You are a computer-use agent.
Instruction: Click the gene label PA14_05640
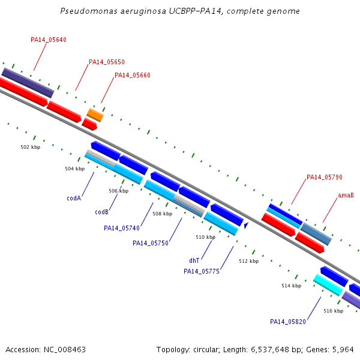tap(49, 40)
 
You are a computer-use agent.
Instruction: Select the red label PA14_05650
tap(107, 62)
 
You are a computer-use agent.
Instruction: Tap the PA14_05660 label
tap(133, 75)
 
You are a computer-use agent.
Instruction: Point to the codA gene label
tap(74, 198)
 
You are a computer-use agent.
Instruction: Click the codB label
tap(102, 212)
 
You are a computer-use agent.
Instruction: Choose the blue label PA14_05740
tap(122, 228)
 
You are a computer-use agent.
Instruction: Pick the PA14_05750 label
tap(151, 243)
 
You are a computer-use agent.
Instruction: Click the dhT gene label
tap(194, 260)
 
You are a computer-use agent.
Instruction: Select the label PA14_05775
tap(202, 271)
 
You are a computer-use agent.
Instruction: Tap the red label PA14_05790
tap(325, 177)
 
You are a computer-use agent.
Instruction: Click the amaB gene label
tap(346, 195)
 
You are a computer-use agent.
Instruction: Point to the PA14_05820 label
tap(288, 322)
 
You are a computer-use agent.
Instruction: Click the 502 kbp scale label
tap(31, 147)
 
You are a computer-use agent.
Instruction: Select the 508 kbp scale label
tap(163, 214)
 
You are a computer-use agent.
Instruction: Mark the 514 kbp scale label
tap(292, 286)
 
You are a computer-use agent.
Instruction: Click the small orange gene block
tap(95, 115)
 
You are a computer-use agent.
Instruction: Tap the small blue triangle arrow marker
tap(246, 225)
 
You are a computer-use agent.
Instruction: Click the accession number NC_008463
tap(65, 350)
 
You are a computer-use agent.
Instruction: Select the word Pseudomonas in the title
tap(89, 11)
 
